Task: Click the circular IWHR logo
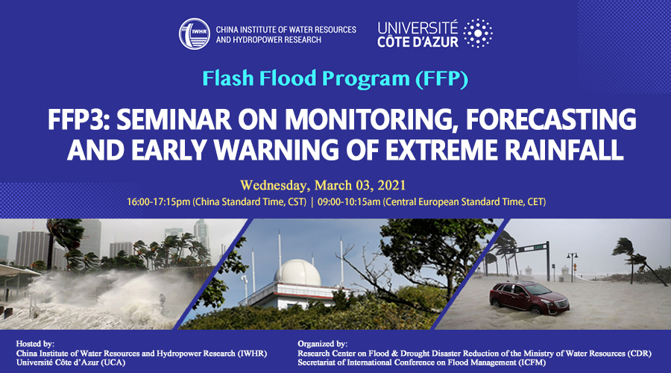pos(195,34)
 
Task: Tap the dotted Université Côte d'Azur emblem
pos(478,33)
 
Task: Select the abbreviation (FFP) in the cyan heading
pos(441,78)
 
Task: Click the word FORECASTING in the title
pos(551,119)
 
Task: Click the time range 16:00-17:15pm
pos(158,201)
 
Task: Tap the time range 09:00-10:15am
pos(349,201)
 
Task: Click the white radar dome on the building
pos(297,272)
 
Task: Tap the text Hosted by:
pos(36,343)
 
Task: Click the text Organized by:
pos(323,343)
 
